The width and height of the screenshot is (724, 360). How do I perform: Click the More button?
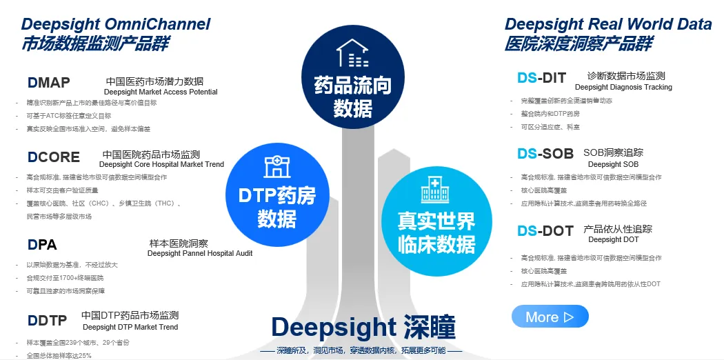click(550, 317)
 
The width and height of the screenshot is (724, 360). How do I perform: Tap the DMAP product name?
click(49, 83)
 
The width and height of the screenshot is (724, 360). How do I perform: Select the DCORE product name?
click(54, 157)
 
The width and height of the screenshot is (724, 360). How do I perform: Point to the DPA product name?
click(42, 245)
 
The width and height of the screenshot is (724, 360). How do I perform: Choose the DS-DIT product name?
click(542, 79)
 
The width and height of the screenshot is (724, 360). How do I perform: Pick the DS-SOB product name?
click(545, 154)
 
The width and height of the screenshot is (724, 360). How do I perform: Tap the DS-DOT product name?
click(545, 231)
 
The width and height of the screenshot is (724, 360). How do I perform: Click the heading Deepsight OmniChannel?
click(116, 24)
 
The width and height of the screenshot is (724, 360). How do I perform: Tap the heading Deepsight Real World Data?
click(608, 24)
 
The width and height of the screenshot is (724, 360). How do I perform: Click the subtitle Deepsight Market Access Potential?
click(161, 92)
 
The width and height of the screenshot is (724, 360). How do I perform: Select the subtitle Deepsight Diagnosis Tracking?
click(623, 88)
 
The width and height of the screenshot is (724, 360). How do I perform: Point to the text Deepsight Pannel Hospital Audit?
click(200, 254)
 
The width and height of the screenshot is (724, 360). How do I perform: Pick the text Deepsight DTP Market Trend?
click(130, 328)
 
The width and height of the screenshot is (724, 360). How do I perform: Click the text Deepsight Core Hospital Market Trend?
click(161, 165)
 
